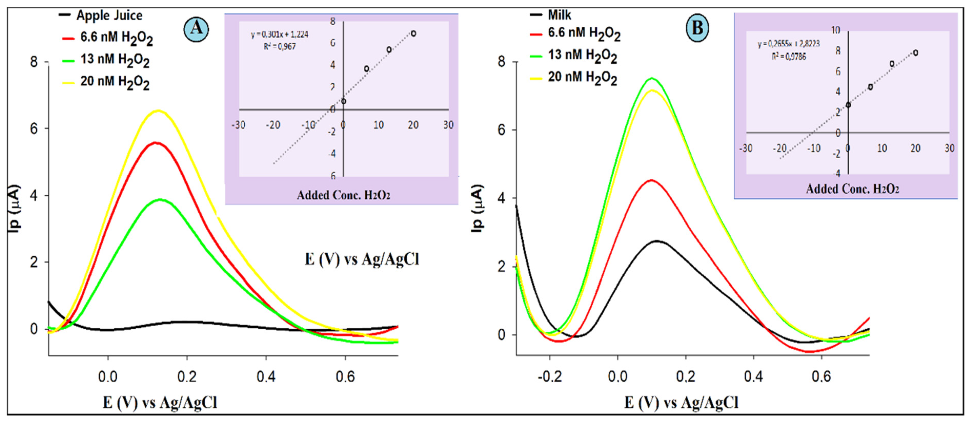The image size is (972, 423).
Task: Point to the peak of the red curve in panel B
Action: [x=651, y=180]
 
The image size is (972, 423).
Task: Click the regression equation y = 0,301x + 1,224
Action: [x=280, y=35]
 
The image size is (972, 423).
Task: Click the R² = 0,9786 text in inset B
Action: [x=789, y=57]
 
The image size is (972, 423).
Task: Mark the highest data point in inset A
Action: [x=413, y=34]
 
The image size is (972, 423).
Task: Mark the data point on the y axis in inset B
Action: [x=848, y=105]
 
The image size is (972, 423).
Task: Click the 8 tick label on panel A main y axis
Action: [x=34, y=62]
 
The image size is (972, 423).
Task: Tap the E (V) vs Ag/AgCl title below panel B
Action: [x=681, y=403]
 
